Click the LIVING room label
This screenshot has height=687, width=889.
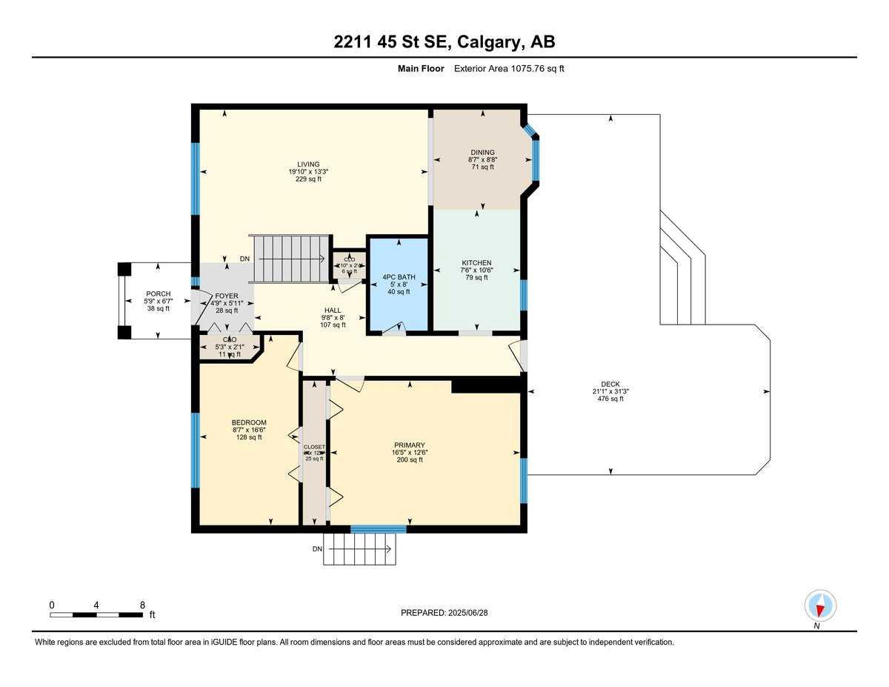pyautogui.click(x=308, y=165)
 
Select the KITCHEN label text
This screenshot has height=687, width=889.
pyautogui.click(x=476, y=263)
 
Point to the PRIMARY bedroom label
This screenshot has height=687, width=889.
pyautogui.click(x=409, y=445)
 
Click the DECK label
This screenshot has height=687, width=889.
pyautogui.click(x=610, y=384)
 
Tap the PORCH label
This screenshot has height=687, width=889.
pyautogui.click(x=157, y=294)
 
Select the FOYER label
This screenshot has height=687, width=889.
pyautogui.click(x=226, y=295)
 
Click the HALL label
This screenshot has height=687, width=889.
pyautogui.click(x=333, y=311)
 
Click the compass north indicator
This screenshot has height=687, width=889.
pyautogui.click(x=820, y=606)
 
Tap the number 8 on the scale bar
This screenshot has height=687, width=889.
pyautogui.click(x=142, y=605)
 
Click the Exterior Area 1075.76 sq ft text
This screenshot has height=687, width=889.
pyautogui.click(x=510, y=69)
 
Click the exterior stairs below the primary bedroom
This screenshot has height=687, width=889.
pyautogui.click(x=360, y=549)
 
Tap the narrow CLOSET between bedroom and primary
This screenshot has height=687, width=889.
pyautogui.click(x=314, y=452)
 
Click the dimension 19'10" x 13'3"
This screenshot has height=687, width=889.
pyautogui.click(x=308, y=172)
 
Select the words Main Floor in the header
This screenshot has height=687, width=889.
pyautogui.click(x=421, y=69)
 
